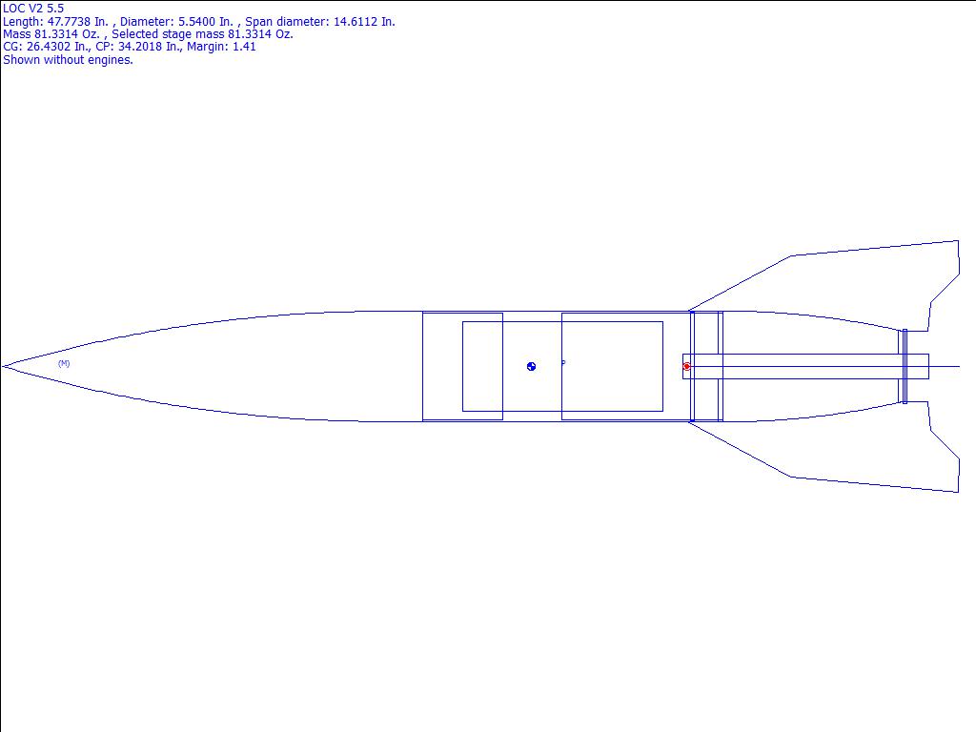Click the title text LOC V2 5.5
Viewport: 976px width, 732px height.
[33, 9]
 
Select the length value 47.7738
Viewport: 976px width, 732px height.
[69, 22]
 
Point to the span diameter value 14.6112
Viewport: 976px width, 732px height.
[356, 22]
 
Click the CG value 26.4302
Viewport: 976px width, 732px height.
[49, 47]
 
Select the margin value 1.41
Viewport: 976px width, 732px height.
[244, 47]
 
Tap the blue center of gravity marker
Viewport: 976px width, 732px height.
[531, 367]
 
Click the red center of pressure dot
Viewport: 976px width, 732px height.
[686, 367]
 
